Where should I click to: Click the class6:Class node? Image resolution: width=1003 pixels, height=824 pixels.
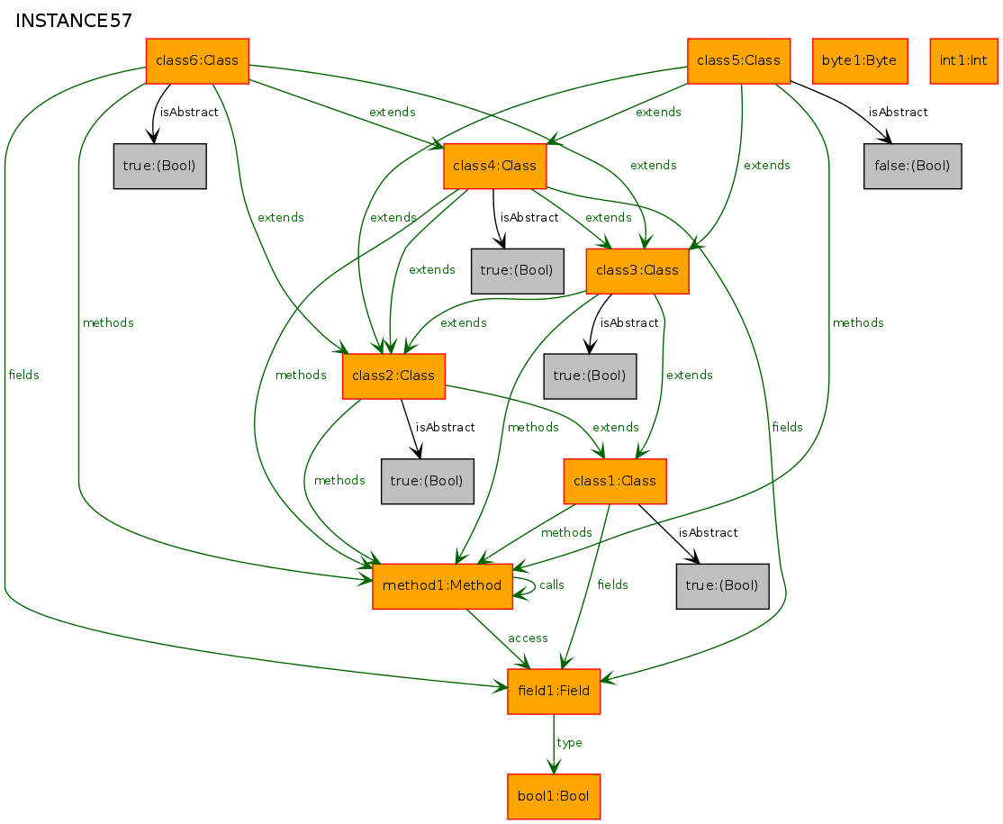197,60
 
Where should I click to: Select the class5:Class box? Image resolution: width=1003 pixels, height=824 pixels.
739,60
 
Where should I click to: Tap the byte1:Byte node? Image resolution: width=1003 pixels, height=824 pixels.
860,60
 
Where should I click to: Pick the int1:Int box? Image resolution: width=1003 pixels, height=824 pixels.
963,60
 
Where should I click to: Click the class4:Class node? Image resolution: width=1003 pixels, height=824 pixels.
495,167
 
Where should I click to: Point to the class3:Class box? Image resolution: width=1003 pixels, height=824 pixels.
637,271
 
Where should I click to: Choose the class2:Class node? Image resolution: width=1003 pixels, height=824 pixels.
394,376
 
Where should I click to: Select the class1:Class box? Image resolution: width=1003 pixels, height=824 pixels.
615,481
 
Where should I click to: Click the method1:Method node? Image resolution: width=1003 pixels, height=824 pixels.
442,586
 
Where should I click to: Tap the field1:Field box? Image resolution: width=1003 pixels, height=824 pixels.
554,692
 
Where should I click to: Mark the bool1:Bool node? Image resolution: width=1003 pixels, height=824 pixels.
554,796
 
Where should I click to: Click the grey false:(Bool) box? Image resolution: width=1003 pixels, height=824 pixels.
912,167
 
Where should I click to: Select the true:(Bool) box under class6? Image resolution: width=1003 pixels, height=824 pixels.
160,167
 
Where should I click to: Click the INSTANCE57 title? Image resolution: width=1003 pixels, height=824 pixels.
74,21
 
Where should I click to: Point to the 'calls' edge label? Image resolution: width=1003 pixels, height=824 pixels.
551,585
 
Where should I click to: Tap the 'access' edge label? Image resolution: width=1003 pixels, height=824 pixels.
528,638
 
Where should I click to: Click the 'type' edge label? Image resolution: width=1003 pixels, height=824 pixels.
569,743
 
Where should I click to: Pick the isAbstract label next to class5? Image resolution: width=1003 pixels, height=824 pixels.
898,113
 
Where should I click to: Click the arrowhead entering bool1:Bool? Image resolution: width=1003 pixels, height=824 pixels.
554,767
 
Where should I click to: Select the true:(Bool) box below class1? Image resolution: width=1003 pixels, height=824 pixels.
722,586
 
